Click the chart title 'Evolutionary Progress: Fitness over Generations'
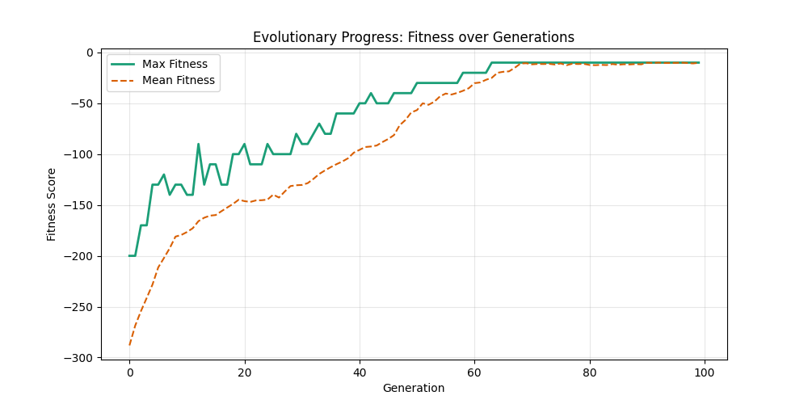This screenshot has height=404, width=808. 413,37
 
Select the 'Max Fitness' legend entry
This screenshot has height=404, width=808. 175,64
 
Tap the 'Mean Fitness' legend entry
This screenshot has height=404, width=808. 178,80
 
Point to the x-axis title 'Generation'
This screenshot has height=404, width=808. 413,388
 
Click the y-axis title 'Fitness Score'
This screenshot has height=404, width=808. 52,204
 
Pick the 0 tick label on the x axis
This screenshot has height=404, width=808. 129,372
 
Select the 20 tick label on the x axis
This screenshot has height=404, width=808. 244,372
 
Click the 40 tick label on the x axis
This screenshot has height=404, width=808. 360,372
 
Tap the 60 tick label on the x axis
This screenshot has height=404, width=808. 474,372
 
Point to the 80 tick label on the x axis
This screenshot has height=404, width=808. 590,372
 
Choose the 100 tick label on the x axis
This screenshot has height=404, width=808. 705,372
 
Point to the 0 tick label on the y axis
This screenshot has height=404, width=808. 90,53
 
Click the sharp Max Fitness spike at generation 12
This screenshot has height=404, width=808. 198,145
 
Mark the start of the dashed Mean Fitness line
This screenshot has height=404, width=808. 129,345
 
